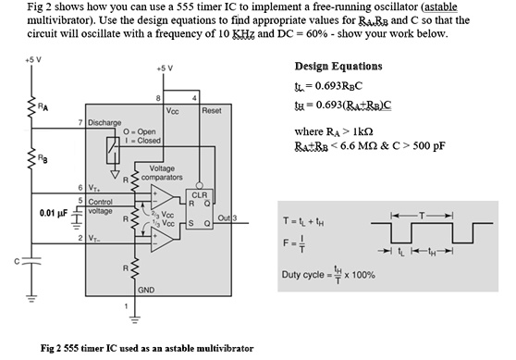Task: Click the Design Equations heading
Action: click(338, 67)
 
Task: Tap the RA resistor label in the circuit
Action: click(43, 105)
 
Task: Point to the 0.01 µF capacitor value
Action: click(53, 213)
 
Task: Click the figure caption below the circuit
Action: click(148, 348)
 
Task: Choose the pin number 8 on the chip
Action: click(159, 97)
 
